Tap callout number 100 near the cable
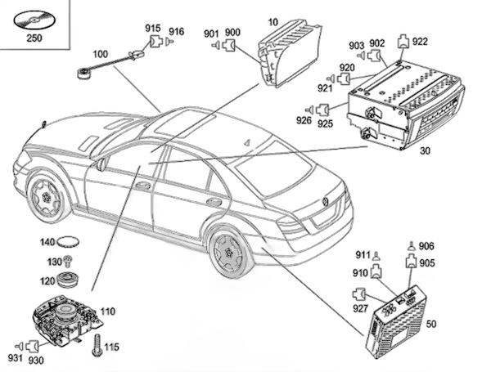(x=100, y=54)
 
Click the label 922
(x=420, y=41)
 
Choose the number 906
(x=426, y=246)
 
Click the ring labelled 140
(x=75, y=243)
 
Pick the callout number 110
(x=108, y=311)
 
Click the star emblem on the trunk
(x=325, y=202)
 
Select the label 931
(x=14, y=359)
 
